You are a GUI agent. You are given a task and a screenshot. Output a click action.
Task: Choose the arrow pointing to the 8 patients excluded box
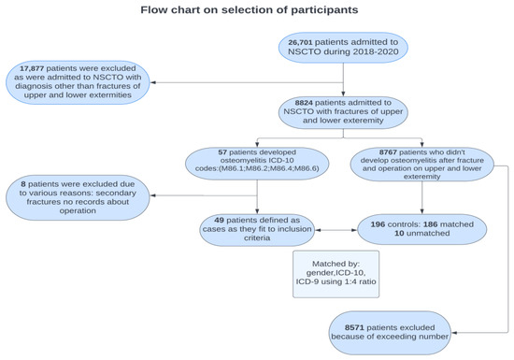click(159, 195)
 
